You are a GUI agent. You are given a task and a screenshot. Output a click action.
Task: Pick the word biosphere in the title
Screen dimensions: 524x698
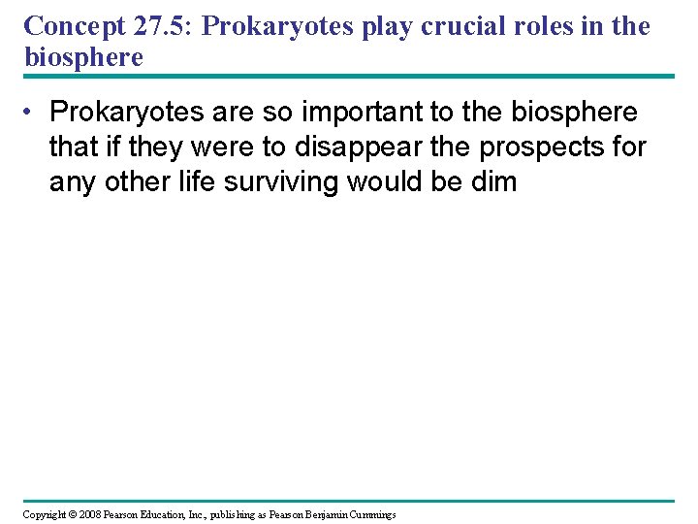point(83,57)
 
